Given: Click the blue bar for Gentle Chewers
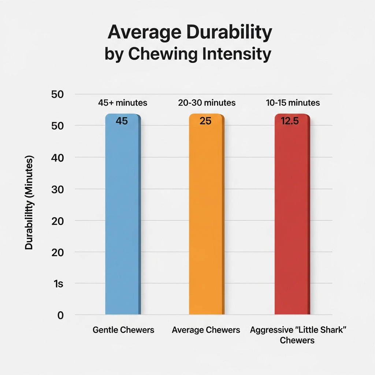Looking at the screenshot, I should (x=122, y=220).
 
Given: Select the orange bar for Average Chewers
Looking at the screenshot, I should (x=206, y=220).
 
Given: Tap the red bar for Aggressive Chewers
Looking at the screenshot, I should (x=292, y=220).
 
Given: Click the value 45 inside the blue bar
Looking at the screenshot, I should (x=122, y=121).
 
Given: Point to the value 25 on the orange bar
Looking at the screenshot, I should (x=205, y=121).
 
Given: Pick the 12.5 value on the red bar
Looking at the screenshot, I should (x=290, y=121).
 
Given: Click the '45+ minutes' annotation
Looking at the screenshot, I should (x=123, y=103).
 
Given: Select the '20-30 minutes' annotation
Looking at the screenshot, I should (x=207, y=103).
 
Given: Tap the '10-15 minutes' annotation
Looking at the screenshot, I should (x=293, y=103).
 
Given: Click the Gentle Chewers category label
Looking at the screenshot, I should (x=123, y=330).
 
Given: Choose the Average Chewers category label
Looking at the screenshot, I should (x=206, y=330).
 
